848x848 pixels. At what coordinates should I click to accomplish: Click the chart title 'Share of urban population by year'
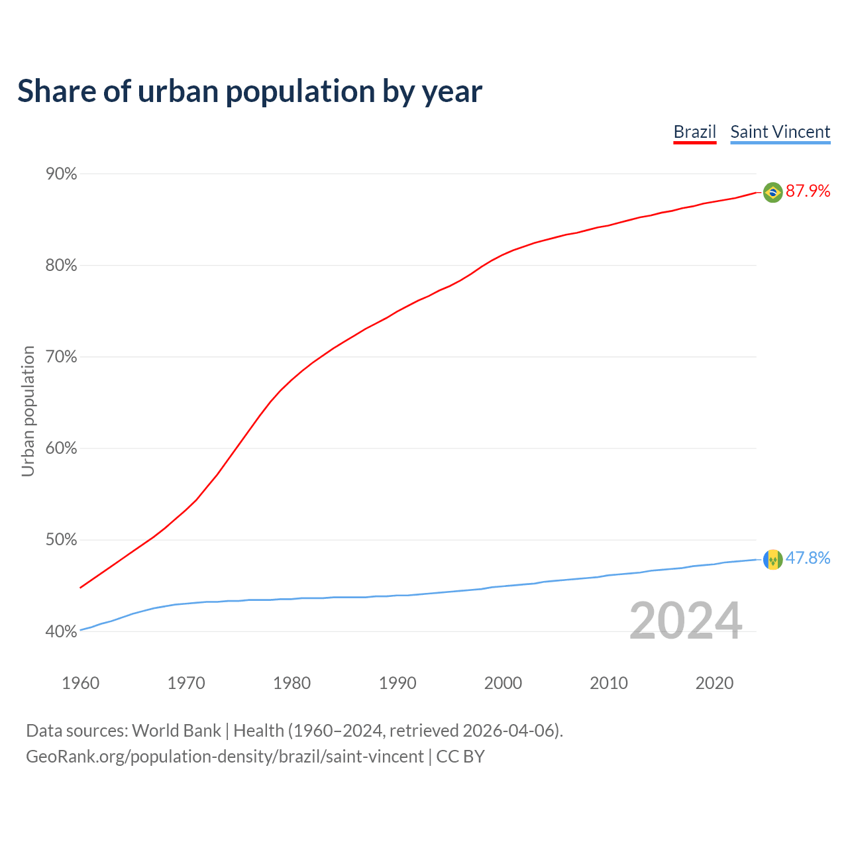[x=250, y=91]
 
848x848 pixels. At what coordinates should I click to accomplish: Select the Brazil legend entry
[x=694, y=132]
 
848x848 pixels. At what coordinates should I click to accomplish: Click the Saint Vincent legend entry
[x=780, y=132]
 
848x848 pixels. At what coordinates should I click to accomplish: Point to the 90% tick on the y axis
[x=61, y=174]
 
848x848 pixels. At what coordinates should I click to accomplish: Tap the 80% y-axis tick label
[x=61, y=266]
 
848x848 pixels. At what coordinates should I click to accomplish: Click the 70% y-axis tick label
[x=61, y=357]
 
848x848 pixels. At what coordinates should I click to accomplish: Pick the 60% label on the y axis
[x=61, y=449]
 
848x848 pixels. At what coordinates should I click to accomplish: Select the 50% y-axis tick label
[x=61, y=540]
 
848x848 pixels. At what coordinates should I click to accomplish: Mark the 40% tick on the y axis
[x=61, y=631]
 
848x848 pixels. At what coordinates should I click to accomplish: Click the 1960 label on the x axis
[x=81, y=683]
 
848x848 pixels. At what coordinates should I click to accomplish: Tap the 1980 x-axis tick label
[x=292, y=683]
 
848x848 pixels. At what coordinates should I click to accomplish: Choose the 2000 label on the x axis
[x=503, y=683]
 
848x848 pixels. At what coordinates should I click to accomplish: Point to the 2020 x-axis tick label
[x=714, y=683]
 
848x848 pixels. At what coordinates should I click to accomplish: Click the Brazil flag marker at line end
[x=772, y=192]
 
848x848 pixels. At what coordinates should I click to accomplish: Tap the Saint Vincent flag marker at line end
[x=772, y=559]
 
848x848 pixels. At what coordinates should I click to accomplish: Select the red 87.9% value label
[x=808, y=191]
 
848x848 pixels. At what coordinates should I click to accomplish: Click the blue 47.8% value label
[x=808, y=558]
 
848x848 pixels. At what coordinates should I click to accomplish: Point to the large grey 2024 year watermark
[x=685, y=621]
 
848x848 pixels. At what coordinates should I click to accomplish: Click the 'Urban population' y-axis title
[x=28, y=411]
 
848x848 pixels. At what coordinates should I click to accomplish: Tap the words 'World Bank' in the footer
[x=176, y=731]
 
